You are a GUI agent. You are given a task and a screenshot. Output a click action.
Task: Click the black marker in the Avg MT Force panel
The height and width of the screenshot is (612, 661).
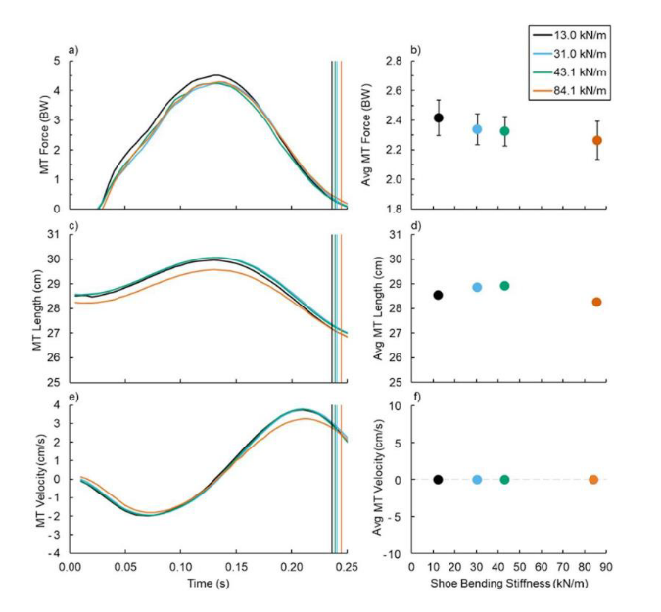pyautogui.click(x=438, y=118)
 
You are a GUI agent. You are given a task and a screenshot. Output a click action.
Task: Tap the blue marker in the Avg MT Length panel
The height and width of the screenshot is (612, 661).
pyautogui.click(x=477, y=287)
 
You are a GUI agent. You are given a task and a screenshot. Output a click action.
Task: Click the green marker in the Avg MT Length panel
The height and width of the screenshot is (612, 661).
pyautogui.click(x=504, y=286)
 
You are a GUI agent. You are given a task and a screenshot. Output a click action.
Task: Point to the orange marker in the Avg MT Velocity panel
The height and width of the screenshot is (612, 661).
pyautogui.click(x=593, y=480)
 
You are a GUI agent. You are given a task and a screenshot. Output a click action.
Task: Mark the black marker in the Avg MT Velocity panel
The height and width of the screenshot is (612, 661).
pyautogui.click(x=438, y=480)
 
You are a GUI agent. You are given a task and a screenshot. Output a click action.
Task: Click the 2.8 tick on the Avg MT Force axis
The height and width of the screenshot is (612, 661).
pyautogui.click(x=394, y=61)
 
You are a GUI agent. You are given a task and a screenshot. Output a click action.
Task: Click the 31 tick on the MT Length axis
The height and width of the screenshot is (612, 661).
pyautogui.click(x=56, y=235)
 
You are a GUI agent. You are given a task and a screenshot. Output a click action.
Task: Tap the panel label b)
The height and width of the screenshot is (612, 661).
pyautogui.click(x=415, y=49)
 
